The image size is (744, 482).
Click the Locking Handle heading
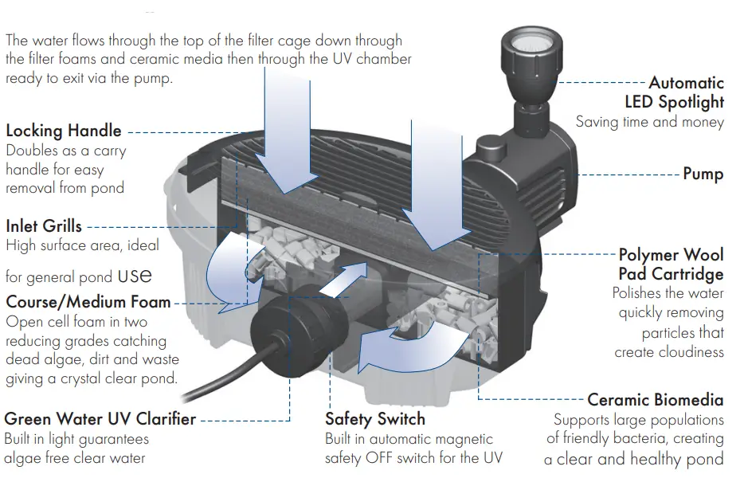click(64, 131)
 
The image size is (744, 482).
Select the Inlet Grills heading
click(44, 226)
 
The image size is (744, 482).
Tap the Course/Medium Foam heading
click(88, 302)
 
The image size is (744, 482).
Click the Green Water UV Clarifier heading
click(100, 419)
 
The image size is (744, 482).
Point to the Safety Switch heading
click(375, 419)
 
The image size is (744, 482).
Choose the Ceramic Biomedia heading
click(655, 399)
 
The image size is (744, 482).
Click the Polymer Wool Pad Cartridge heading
click(671, 265)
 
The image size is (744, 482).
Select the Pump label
click(703, 174)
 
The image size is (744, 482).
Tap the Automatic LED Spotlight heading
click(675, 92)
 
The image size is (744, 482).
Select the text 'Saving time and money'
click(649, 122)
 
